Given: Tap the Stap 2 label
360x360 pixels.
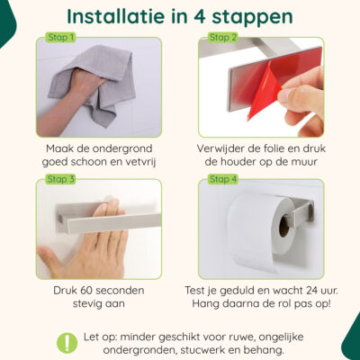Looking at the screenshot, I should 223,38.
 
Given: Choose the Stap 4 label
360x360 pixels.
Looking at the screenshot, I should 223,179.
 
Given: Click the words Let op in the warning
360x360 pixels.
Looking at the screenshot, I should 98,336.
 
